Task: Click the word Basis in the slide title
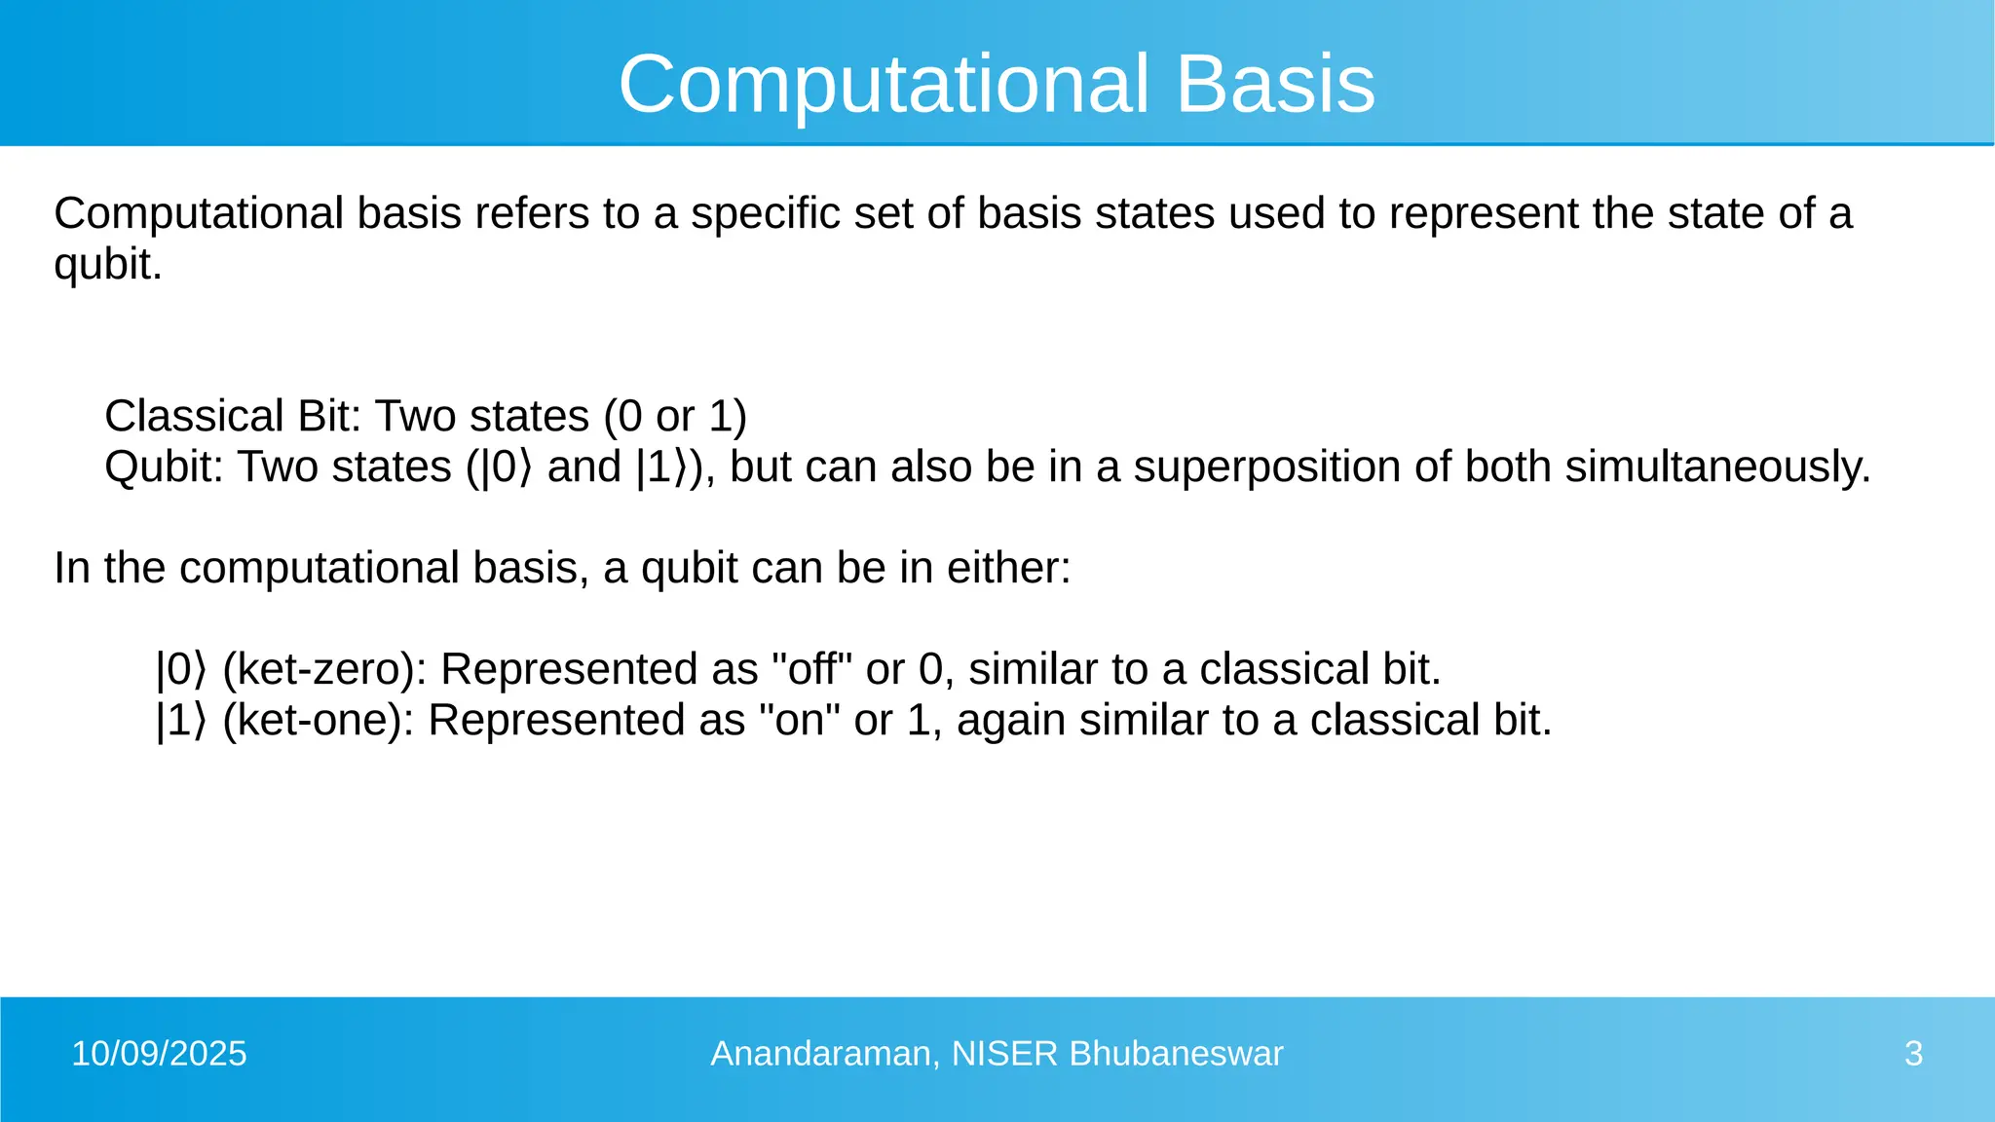[1275, 84]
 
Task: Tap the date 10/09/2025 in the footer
[159, 1054]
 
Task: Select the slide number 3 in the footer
[1913, 1054]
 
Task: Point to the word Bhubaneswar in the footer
[1176, 1054]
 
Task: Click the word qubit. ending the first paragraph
[107, 265]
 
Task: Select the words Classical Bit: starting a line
[233, 416]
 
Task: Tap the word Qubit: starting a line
[164, 467]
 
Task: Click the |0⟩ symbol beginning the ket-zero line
[181, 669]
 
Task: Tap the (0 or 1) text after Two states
[675, 416]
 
